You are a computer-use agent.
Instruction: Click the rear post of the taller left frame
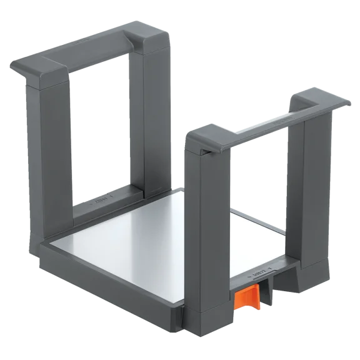point(150,112)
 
